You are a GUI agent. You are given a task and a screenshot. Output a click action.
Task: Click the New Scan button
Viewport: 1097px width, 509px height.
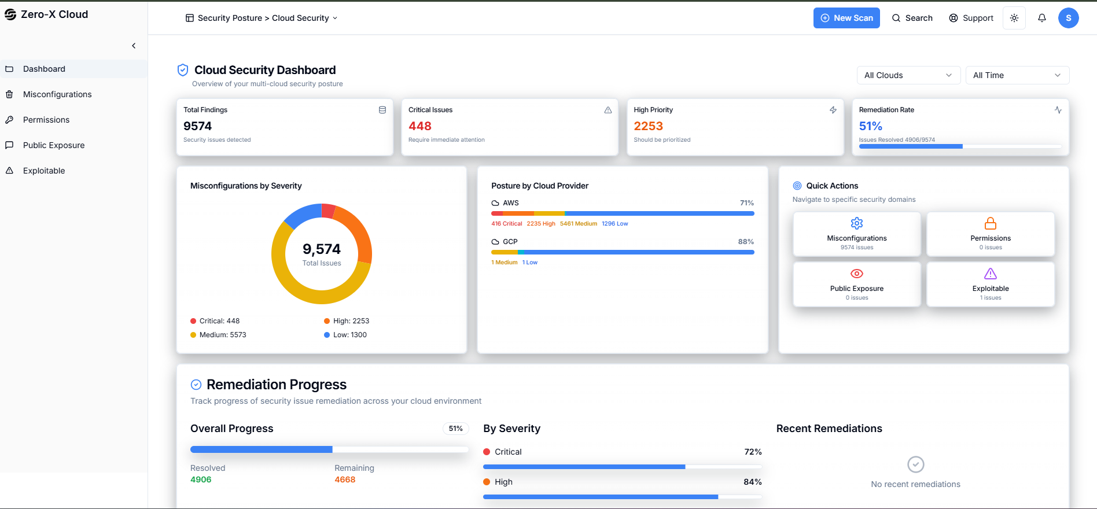pyautogui.click(x=846, y=18)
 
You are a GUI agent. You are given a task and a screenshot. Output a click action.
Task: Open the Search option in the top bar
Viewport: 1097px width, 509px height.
pyautogui.click(x=912, y=18)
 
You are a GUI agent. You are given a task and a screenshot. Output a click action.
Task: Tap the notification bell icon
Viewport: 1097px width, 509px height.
pyautogui.click(x=1041, y=18)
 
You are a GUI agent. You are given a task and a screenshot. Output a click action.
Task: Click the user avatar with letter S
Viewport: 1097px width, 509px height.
pyautogui.click(x=1068, y=18)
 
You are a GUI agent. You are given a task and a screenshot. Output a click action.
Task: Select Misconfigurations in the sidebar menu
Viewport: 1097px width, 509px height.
pyautogui.click(x=57, y=94)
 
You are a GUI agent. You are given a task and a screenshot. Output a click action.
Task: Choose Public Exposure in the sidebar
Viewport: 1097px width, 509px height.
pyautogui.click(x=54, y=145)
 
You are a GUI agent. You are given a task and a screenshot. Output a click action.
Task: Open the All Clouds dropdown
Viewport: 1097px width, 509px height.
pyautogui.click(x=908, y=75)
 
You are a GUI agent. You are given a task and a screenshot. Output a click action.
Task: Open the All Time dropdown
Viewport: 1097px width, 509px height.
pyautogui.click(x=1017, y=75)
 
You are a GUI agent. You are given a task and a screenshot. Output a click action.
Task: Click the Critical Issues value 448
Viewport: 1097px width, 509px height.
pyautogui.click(x=420, y=126)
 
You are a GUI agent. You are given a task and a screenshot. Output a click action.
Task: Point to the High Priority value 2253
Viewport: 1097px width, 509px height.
pyautogui.click(x=648, y=126)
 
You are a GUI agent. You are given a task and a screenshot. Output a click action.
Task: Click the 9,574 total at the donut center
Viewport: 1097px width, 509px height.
pyautogui.click(x=322, y=249)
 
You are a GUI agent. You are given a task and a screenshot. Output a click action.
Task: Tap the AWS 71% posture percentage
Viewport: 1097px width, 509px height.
pyautogui.click(x=746, y=203)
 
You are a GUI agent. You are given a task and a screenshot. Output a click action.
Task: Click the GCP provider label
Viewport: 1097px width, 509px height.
pyautogui.click(x=510, y=242)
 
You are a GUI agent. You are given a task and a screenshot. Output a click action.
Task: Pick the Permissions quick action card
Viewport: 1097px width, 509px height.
pyautogui.click(x=990, y=234)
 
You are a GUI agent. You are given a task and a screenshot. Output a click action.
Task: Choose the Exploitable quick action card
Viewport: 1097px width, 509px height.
pyautogui.click(x=990, y=284)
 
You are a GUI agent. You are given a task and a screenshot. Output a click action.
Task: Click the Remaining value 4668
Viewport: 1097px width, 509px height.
pyautogui.click(x=345, y=480)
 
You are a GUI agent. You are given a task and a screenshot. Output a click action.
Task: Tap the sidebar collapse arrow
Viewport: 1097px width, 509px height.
pyautogui.click(x=134, y=46)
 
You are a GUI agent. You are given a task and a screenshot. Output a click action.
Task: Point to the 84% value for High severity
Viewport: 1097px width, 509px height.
pyautogui.click(x=752, y=482)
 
